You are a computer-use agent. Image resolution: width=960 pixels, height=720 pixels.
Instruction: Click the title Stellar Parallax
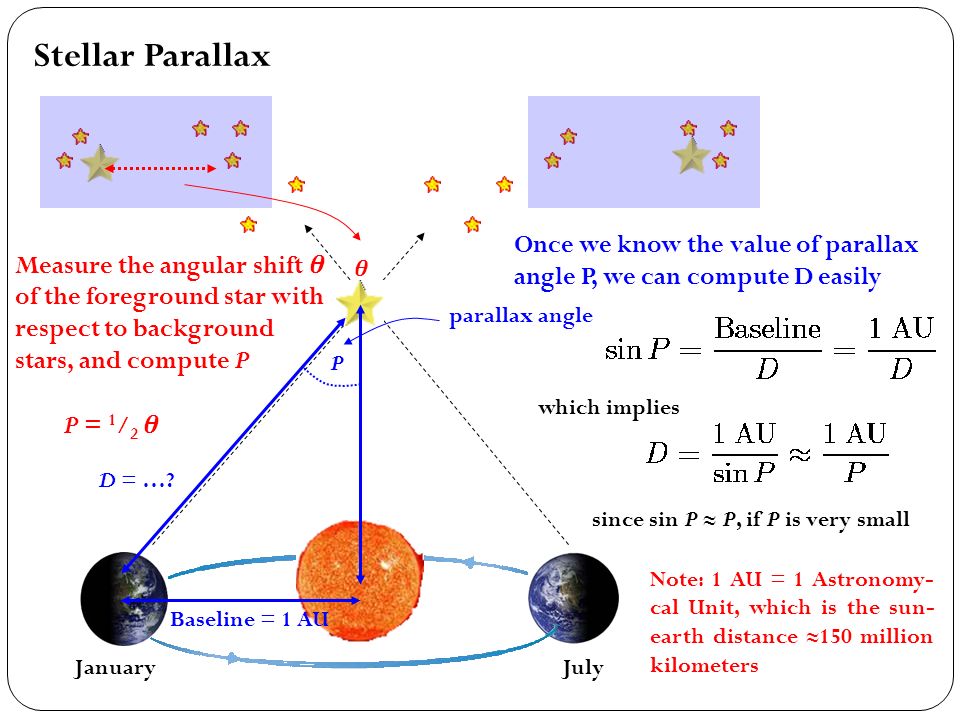tap(152, 56)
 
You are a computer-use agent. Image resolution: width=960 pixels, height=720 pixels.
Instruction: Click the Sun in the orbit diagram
tap(359, 580)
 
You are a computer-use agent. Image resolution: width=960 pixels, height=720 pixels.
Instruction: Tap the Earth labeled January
tap(124, 599)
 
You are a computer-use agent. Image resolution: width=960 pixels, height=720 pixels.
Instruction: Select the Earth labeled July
tap(574, 598)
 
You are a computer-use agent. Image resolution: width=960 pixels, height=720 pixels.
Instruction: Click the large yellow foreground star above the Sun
tap(359, 301)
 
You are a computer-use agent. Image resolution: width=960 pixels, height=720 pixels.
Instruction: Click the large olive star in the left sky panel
tap(99, 163)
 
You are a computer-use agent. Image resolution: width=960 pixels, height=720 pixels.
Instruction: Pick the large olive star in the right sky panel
tap(691, 156)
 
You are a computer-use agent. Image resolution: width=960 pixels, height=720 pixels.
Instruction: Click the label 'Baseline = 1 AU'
tap(249, 619)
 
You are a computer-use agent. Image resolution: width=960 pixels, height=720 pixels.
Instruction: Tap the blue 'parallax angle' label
tap(520, 316)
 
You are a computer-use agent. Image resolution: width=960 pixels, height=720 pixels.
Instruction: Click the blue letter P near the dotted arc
tap(337, 362)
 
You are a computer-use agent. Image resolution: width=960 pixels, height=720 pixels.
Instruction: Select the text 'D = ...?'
tap(137, 479)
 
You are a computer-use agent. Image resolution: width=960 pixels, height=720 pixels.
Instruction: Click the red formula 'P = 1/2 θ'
tap(111, 424)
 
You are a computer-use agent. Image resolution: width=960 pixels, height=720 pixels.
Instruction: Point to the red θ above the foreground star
tap(361, 268)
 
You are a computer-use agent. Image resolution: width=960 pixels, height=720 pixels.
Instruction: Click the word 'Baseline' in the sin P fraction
tap(768, 329)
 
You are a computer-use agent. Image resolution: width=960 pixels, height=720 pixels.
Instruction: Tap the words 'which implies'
tap(609, 407)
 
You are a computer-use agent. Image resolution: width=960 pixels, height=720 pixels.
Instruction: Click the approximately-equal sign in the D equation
tap(799, 454)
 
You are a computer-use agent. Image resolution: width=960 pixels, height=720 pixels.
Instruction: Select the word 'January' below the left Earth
tap(115, 667)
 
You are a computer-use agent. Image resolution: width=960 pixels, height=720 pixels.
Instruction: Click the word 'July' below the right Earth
tap(583, 667)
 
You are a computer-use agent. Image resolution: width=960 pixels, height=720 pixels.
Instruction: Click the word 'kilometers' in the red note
tap(704, 665)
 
